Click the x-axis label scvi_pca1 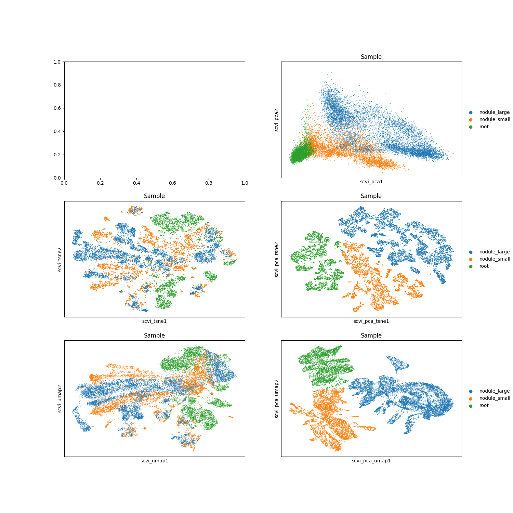[x=371, y=182]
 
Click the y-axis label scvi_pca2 [x=277, y=120]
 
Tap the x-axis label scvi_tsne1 [x=155, y=321]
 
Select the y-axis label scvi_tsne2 [x=60, y=259]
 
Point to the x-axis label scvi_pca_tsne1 [x=371, y=321]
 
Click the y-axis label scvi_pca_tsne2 [x=277, y=259]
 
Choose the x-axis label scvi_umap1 [x=155, y=461]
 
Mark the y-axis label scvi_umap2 [x=60, y=398]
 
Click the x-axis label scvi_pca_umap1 [x=371, y=461]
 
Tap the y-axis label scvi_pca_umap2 [x=277, y=398]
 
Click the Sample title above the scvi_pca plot [x=371, y=57]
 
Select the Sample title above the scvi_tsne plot [x=154, y=196]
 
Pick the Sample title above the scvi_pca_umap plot [x=371, y=336]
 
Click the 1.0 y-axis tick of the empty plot [x=57, y=62]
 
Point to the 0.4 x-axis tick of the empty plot [x=136, y=183]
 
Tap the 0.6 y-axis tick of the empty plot [x=57, y=108]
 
